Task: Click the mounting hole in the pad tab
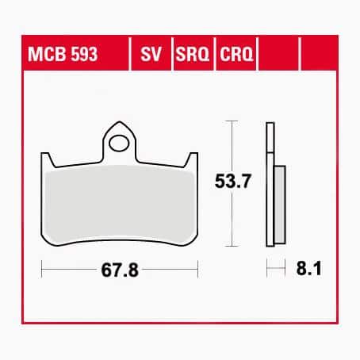120,144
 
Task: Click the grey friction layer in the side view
279,205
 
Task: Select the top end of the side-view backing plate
270,127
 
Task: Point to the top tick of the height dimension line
230,121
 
